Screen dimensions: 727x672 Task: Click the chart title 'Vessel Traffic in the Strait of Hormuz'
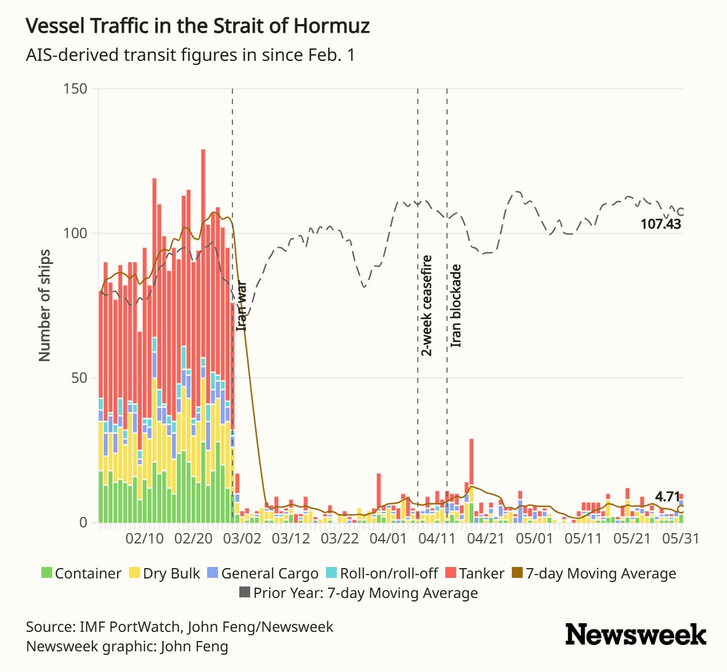[198, 26]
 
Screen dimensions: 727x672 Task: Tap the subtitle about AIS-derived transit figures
[191, 55]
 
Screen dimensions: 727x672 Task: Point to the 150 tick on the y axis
[75, 88]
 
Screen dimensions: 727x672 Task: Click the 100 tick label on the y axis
[75, 233]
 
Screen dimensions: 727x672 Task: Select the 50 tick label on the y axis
[79, 378]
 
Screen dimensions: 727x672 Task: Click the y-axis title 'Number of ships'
[45, 306]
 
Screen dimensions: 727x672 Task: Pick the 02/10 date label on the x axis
[145, 539]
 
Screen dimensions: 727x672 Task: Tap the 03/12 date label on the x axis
[291, 539]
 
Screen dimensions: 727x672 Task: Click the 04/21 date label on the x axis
[486, 539]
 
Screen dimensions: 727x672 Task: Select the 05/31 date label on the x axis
[681, 539]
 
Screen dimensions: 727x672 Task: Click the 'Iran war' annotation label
[242, 306]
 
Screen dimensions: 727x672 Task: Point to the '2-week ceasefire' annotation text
[427, 306]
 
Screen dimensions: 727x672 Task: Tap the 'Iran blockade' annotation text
[456, 306]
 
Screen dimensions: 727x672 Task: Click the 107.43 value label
[661, 224]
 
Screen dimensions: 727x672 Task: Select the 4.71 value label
[667, 496]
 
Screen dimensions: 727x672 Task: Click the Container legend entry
[81, 573]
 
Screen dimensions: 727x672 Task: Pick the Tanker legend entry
[475, 573]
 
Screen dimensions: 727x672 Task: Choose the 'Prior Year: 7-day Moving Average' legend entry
[359, 593]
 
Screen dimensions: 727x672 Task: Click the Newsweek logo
[636, 635]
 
